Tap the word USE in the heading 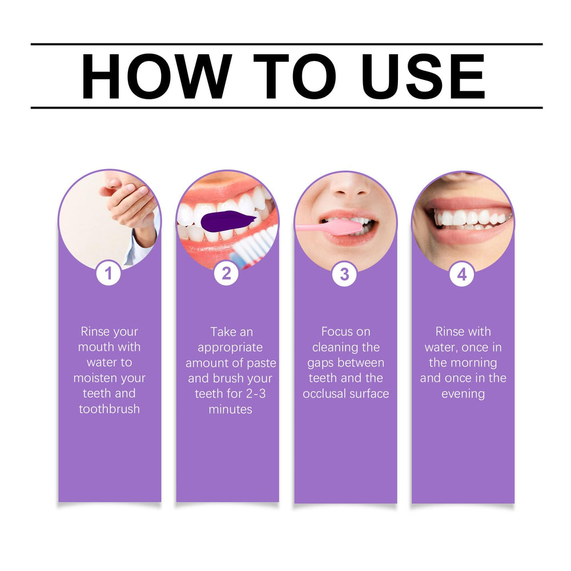click(x=423, y=77)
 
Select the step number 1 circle click(x=108, y=274)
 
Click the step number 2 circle click(x=227, y=274)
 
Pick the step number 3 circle click(x=344, y=275)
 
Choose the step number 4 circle click(x=462, y=275)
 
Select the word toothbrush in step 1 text click(x=109, y=409)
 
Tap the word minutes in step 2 click(x=230, y=409)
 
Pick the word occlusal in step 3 click(x=325, y=394)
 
